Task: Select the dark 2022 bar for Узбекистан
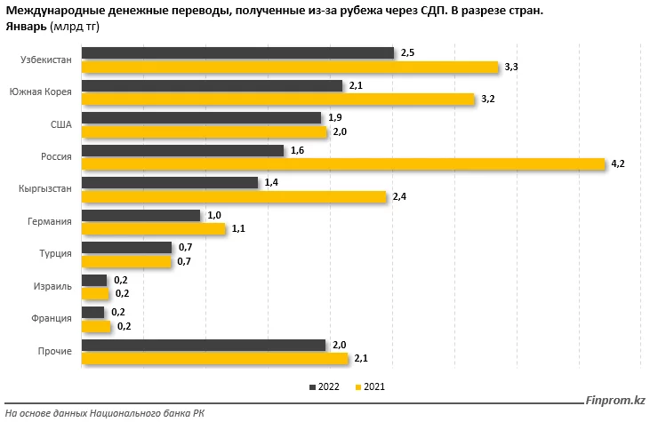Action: (237, 53)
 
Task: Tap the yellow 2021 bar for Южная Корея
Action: (278, 99)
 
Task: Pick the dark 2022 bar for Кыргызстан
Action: (169, 182)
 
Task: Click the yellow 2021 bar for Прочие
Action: (214, 359)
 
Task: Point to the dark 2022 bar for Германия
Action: (140, 215)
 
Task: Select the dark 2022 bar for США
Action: (201, 117)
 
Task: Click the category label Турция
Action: (56, 254)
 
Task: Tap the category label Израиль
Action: (54, 287)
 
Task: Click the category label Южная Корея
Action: (40, 92)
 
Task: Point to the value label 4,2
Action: (620, 163)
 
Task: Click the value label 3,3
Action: (511, 67)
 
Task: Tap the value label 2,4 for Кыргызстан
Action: (400, 196)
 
